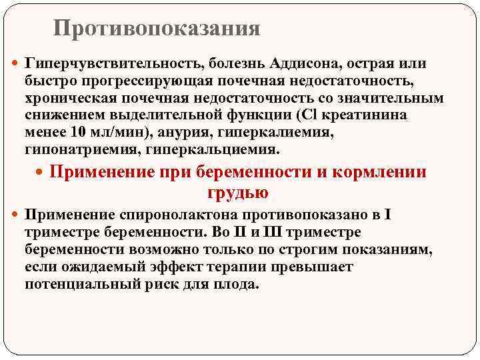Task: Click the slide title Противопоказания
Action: point(157,28)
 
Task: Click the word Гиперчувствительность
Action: point(113,64)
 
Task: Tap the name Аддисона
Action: point(301,64)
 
